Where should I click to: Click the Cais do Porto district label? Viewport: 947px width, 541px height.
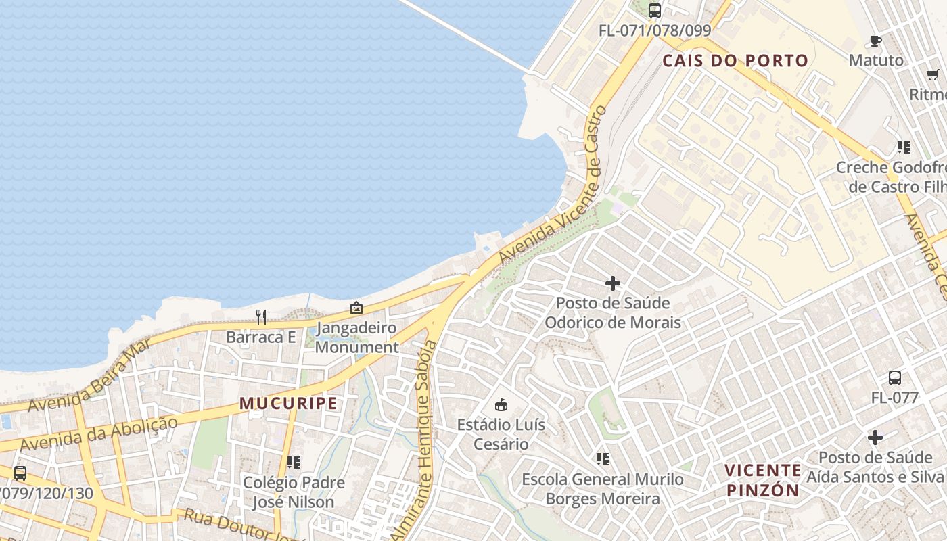point(735,61)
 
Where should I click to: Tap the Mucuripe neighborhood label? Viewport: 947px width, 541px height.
point(288,404)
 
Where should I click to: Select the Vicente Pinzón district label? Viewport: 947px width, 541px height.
point(763,480)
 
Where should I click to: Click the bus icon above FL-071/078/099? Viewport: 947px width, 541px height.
point(654,11)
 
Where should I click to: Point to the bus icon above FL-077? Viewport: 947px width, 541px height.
point(894,378)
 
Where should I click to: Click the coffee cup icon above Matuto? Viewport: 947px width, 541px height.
point(876,41)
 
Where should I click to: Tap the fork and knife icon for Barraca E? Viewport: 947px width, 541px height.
point(261,316)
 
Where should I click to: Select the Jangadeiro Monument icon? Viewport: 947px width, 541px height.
point(356,308)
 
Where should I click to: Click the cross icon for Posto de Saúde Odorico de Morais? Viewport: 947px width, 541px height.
point(613,283)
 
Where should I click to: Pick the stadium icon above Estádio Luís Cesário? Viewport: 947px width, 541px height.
point(501,405)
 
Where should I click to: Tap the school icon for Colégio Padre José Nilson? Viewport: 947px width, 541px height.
point(294,463)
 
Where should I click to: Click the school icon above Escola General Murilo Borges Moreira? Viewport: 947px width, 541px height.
point(603,460)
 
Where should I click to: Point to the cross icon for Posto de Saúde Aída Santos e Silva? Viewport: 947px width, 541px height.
point(875,438)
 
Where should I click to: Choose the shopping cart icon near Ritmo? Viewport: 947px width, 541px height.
point(933,75)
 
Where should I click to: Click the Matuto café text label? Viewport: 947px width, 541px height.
point(876,60)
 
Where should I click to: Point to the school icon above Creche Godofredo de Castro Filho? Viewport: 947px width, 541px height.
point(903,147)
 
